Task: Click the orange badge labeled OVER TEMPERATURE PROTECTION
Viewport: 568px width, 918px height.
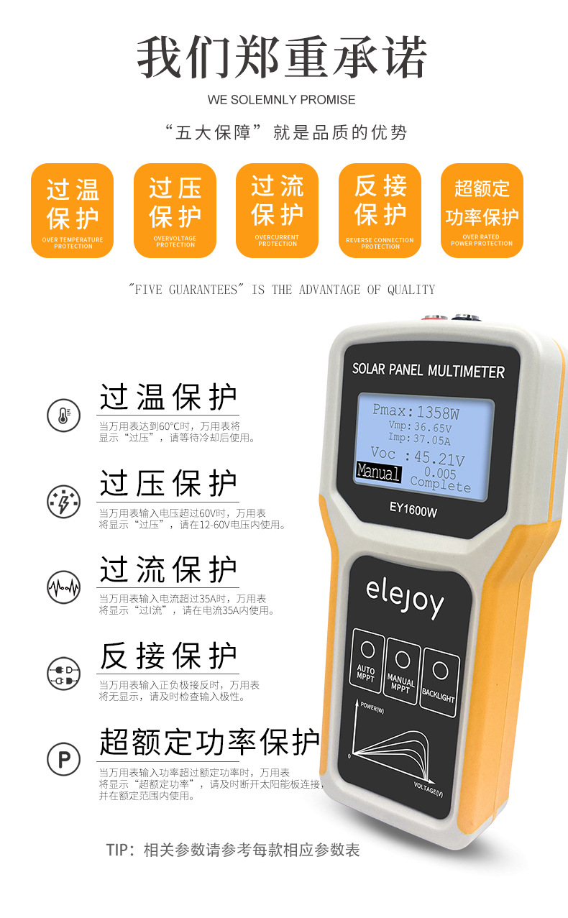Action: pos(72,211)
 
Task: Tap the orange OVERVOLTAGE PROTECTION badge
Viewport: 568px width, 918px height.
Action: pos(175,211)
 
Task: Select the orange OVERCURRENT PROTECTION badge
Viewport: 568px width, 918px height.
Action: pos(277,211)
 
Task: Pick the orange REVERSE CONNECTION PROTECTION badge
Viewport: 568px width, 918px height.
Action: pos(380,211)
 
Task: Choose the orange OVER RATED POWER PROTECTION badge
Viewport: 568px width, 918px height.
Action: pos(482,211)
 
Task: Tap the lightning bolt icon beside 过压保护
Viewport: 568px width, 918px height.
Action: pos(63,502)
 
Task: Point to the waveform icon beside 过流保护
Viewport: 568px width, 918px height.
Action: pos(63,587)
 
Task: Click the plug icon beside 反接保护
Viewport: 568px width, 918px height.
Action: pos(63,673)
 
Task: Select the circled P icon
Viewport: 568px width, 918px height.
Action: pos(63,758)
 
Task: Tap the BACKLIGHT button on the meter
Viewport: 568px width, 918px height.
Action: pos(439,680)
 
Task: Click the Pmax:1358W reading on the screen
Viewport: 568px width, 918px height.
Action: pos(416,413)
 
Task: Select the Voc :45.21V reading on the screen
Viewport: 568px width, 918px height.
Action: pos(417,456)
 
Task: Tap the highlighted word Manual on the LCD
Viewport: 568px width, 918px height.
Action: pos(378,472)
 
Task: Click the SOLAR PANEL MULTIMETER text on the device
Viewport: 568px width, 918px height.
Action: pos(428,371)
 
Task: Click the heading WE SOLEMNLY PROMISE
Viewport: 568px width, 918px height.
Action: pos(282,99)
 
